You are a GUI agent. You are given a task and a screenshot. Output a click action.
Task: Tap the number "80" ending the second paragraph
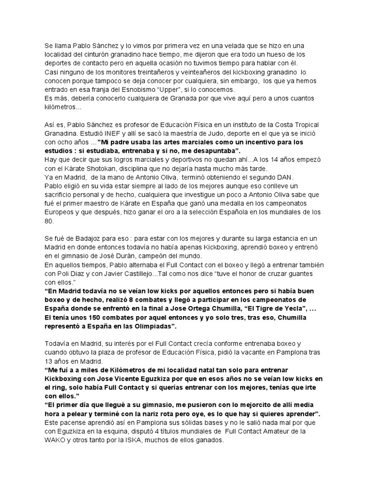click(49, 221)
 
